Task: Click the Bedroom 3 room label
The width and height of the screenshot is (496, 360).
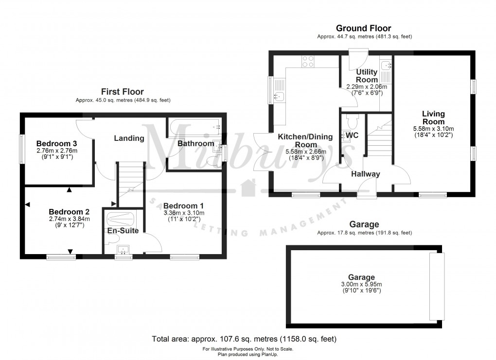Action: point(57,144)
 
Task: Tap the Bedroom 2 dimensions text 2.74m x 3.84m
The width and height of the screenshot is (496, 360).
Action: point(69,219)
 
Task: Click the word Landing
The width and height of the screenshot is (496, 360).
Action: point(129,138)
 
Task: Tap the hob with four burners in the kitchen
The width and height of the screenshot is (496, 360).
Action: point(308,61)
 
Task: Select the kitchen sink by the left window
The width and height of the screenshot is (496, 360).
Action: point(280,96)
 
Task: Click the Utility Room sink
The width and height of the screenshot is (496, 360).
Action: point(386,65)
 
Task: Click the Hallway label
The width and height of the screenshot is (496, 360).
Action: point(365,174)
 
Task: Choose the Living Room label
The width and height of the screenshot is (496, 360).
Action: point(433,118)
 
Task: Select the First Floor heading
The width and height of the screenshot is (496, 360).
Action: point(122,91)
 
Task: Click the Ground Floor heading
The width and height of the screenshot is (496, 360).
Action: point(364,28)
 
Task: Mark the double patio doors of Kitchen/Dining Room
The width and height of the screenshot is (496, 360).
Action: point(261,152)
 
